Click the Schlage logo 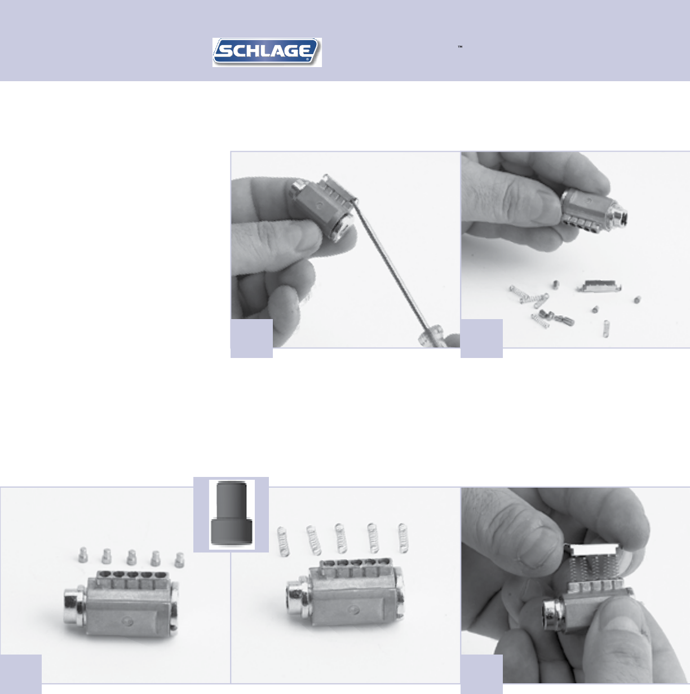pyautogui.click(x=267, y=52)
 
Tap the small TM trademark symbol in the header pyautogui.click(x=460, y=47)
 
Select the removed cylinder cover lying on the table pyautogui.click(x=599, y=286)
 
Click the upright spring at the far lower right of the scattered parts pyautogui.click(x=606, y=329)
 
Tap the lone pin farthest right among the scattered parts pyautogui.click(x=636, y=299)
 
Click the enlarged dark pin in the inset pyautogui.click(x=232, y=514)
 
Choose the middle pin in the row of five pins pyautogui.click(x=131, y=557)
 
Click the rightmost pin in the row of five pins pyautogui.click(x=179, y=560)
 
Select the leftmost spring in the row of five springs pyautogui.click(x=283, y=541)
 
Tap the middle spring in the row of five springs pyautogui.click(x=340, y=538)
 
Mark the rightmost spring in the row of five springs pyautogui.click(x=403, y=538)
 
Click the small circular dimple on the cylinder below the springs pyautogui.click(x=353, y=609)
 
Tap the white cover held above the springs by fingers pyautogui.click(x=592, y=550)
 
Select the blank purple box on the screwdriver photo pyautogui.click(x=251, y=338)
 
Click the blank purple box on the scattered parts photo pyautogui.click(x=481, y=338)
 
